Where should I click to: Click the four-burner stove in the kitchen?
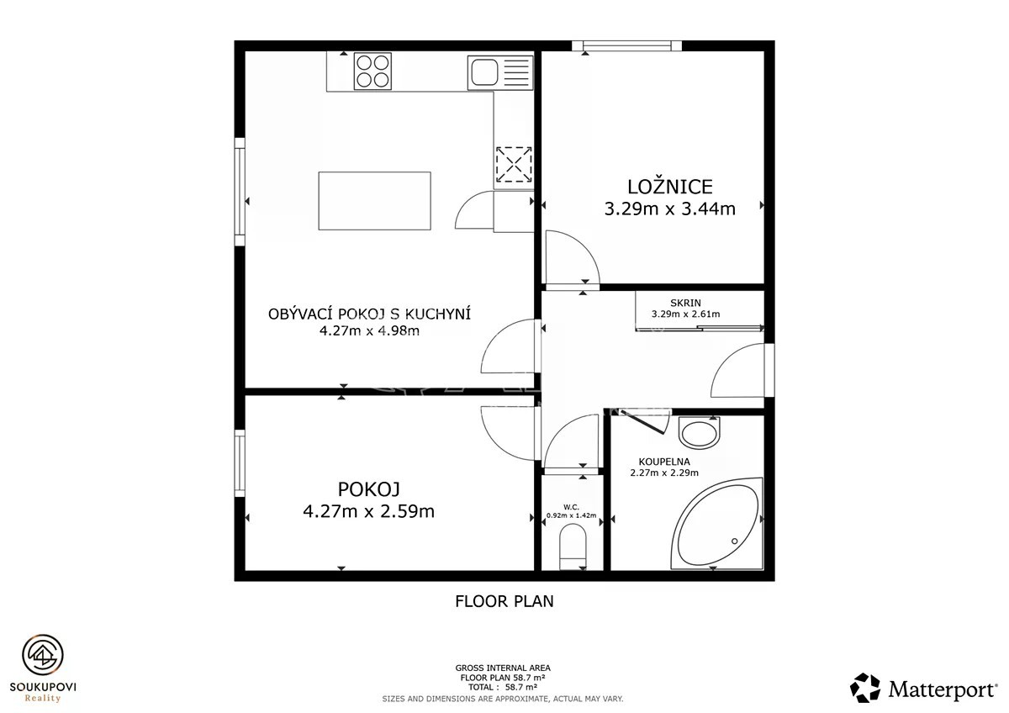[372, 71]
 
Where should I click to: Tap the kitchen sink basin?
[484, 72]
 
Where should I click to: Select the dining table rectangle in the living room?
[374, 201]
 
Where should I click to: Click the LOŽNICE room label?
[670, 187]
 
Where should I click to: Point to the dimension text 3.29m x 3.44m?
[670, 209]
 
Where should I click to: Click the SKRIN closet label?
[685, 304]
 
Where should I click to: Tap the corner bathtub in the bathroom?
[717, 524]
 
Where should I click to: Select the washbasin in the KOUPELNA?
[699, 433]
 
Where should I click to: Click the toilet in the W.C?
[573, 547]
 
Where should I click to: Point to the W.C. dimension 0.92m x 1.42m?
[571, 515]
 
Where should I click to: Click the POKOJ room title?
[369, 489]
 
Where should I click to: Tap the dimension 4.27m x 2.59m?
[369, 512]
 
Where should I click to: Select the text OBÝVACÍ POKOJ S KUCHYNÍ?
[369, 314]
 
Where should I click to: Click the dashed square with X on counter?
[514, 165]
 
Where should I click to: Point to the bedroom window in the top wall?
[626, 45]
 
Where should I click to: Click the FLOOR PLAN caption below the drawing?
[504, 601]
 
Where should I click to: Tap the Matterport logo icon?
[865, 688]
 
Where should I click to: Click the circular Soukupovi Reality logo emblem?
[43, 655]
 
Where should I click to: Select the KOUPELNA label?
[664, 462]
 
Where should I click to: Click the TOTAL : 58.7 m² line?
[503, 687]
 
